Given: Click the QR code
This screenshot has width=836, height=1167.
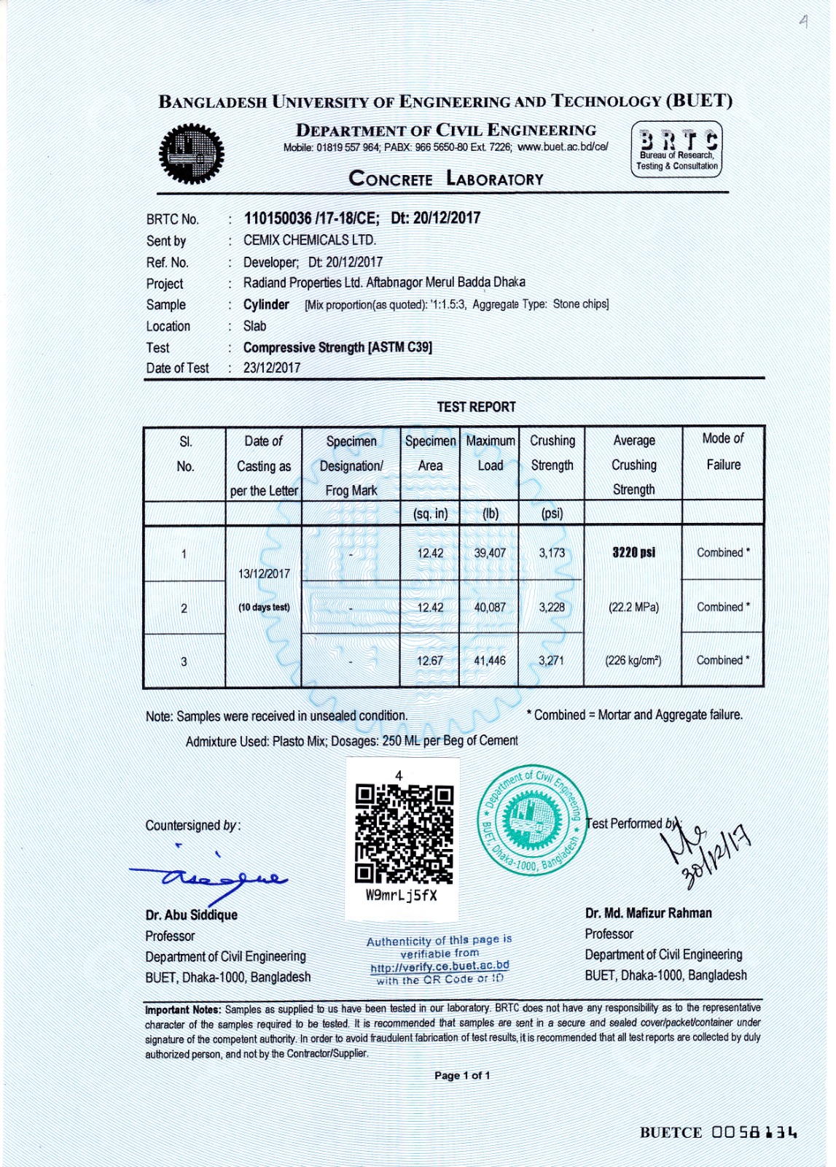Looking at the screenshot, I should pyautogui.click(x=404, y=834).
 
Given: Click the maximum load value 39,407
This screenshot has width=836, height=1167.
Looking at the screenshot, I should pyautogui.click(x=490, y=553).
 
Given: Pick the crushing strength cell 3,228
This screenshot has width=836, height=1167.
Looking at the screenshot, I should pyautogui.click(x=551, y=607).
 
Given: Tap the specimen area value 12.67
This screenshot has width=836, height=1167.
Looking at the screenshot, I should pyautogui.click(x=430, y=661).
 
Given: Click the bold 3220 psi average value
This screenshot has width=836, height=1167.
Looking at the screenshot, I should pyautogui.click(x=633, y=552).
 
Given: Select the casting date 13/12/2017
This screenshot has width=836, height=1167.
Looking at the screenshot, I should pyautogui.click(x=264, y=574).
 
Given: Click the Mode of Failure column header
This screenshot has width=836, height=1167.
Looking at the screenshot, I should pyautogui.click(x=723, y=451).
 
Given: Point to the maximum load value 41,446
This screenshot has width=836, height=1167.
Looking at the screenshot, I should pyautogui.click(x=490, y=661).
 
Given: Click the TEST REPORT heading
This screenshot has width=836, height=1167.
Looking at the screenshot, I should pyautogui.click(x=476, y=407).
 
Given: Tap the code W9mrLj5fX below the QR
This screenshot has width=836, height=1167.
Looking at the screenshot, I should pyautogui.click(x=402, y=896).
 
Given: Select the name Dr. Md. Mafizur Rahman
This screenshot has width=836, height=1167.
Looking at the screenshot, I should pyautogui.click(x=648, y=913).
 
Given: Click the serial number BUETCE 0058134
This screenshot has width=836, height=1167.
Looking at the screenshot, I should pyautogui.click(x=718, y=1133).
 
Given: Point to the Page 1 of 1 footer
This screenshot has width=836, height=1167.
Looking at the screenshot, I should pyautogui.click(x=462, y=1075).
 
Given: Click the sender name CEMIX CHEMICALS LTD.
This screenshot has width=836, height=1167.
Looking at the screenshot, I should pyautogui.click(x=310, y=240).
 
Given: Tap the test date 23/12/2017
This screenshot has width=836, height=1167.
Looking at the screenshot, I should pyautogui.click(x=272, y=368).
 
